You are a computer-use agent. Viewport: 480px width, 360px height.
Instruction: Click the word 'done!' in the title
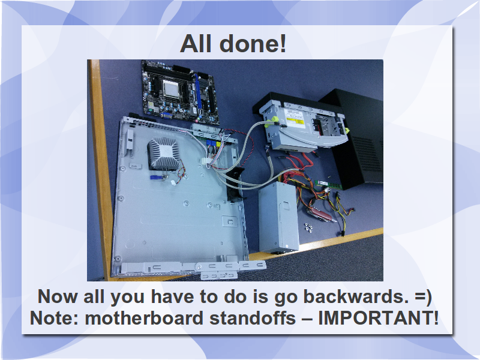coord(253,44)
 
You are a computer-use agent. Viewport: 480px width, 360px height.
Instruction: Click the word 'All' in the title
coord(196,44)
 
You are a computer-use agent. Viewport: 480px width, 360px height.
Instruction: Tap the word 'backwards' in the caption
coord(356,296)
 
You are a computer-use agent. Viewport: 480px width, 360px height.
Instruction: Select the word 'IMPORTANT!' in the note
coord(378,318)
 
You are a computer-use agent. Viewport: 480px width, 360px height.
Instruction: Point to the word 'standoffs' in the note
coord(253,318)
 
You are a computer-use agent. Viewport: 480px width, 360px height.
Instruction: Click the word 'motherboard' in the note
coord(144,318)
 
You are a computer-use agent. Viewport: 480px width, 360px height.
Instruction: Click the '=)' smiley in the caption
coord(424,297)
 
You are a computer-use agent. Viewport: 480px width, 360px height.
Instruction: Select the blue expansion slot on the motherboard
coord(199,92)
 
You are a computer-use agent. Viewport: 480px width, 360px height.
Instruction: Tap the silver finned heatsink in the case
coord(164,154)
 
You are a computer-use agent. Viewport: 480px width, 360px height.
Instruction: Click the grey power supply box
coord(278,217)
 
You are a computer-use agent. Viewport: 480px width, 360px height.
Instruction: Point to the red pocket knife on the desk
coord(320,214)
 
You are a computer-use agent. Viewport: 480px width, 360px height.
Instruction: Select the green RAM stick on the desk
coord(328,185)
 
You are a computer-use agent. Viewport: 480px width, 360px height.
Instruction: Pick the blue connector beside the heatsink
coord(155,177)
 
